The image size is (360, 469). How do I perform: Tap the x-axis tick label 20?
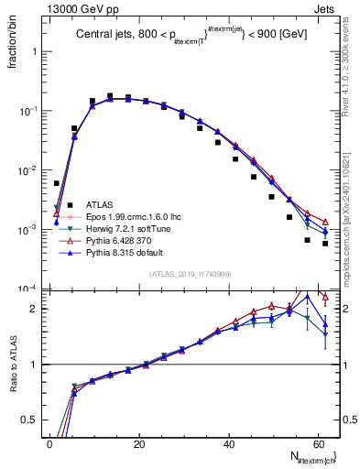(x=138, y=443)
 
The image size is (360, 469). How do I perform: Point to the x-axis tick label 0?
(x=49, y=443)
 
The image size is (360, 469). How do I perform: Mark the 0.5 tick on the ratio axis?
(x=29, y=420)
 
